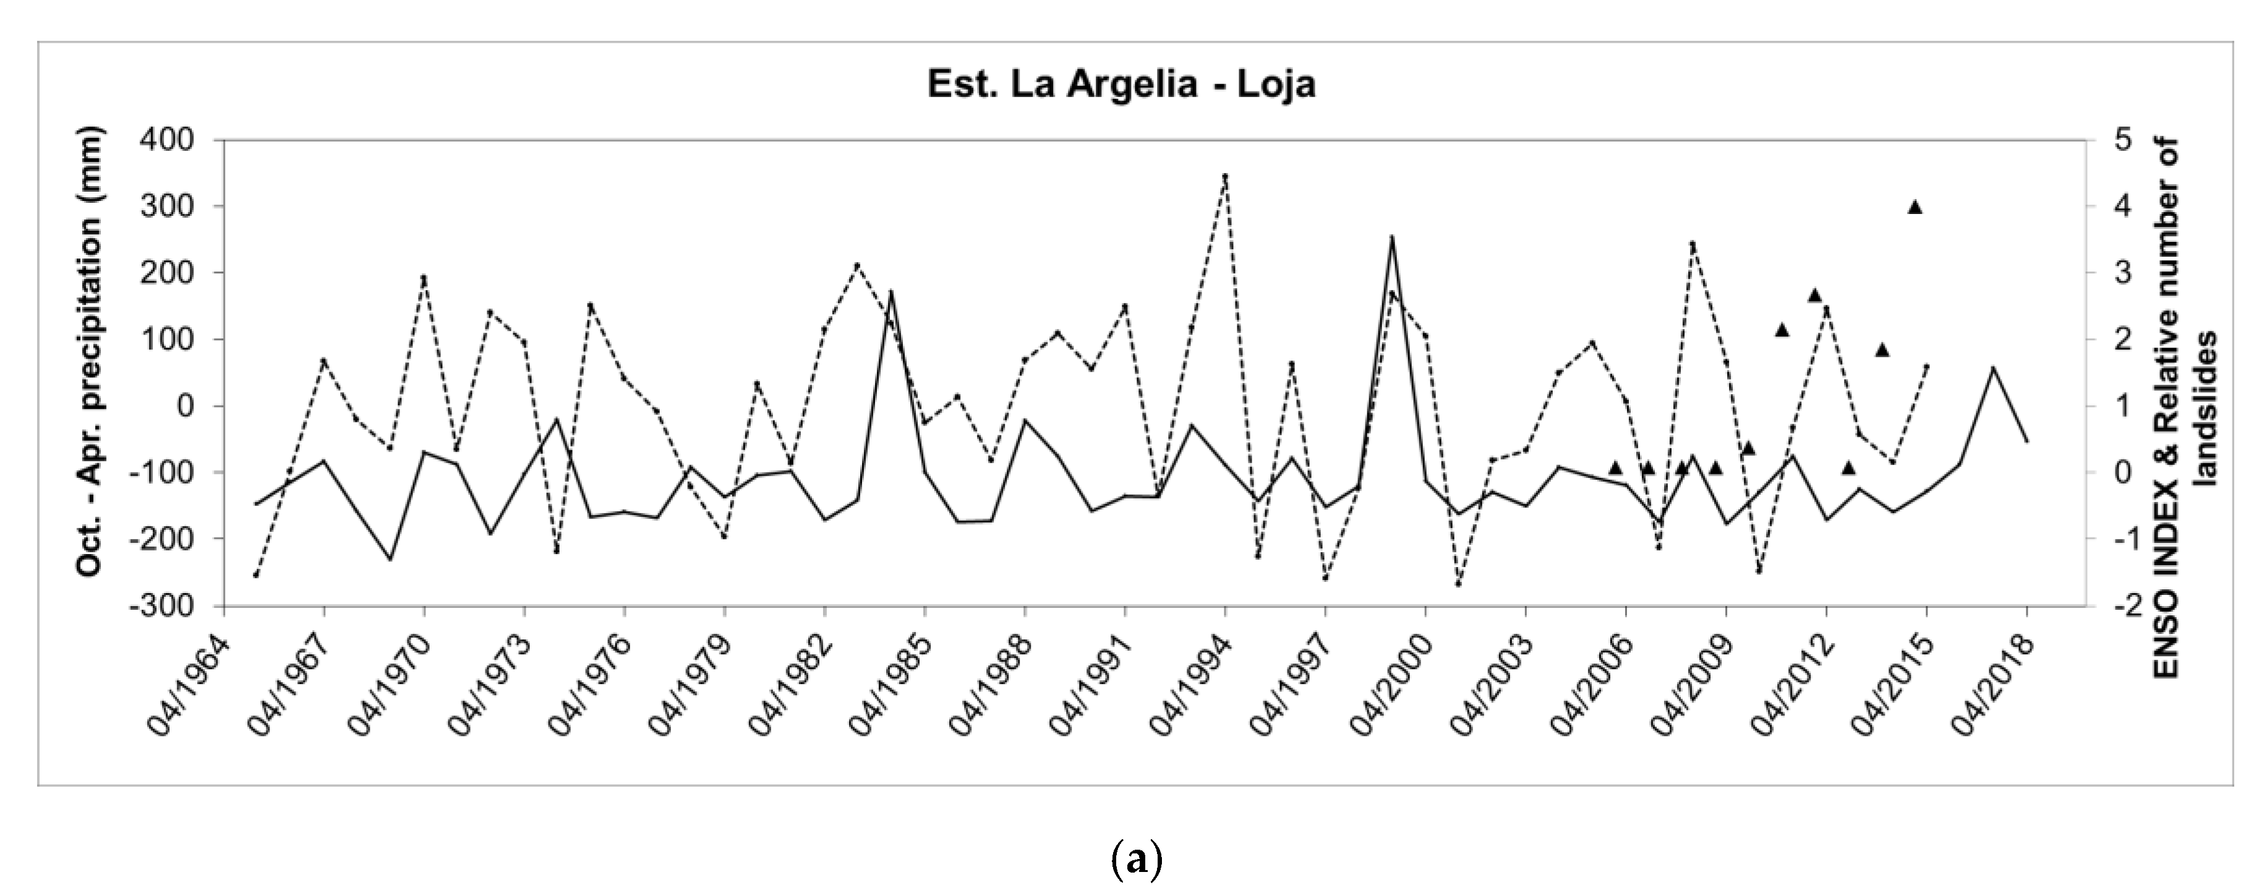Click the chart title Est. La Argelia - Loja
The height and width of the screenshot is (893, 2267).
coord(1121,85)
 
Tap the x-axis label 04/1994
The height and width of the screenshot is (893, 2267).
coord(1190,686)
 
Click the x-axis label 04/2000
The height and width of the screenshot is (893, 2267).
coord(1391,686)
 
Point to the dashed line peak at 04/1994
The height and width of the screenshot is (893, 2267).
coord(1225,176)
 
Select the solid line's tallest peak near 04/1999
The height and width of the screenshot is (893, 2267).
coord(1391,237)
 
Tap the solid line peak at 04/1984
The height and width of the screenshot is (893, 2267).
coord(890,291)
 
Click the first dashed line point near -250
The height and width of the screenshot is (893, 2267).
coord(256,575)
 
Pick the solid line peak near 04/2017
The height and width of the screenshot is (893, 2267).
coord(1993,368)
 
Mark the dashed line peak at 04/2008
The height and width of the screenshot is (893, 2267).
coord(1693,244)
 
